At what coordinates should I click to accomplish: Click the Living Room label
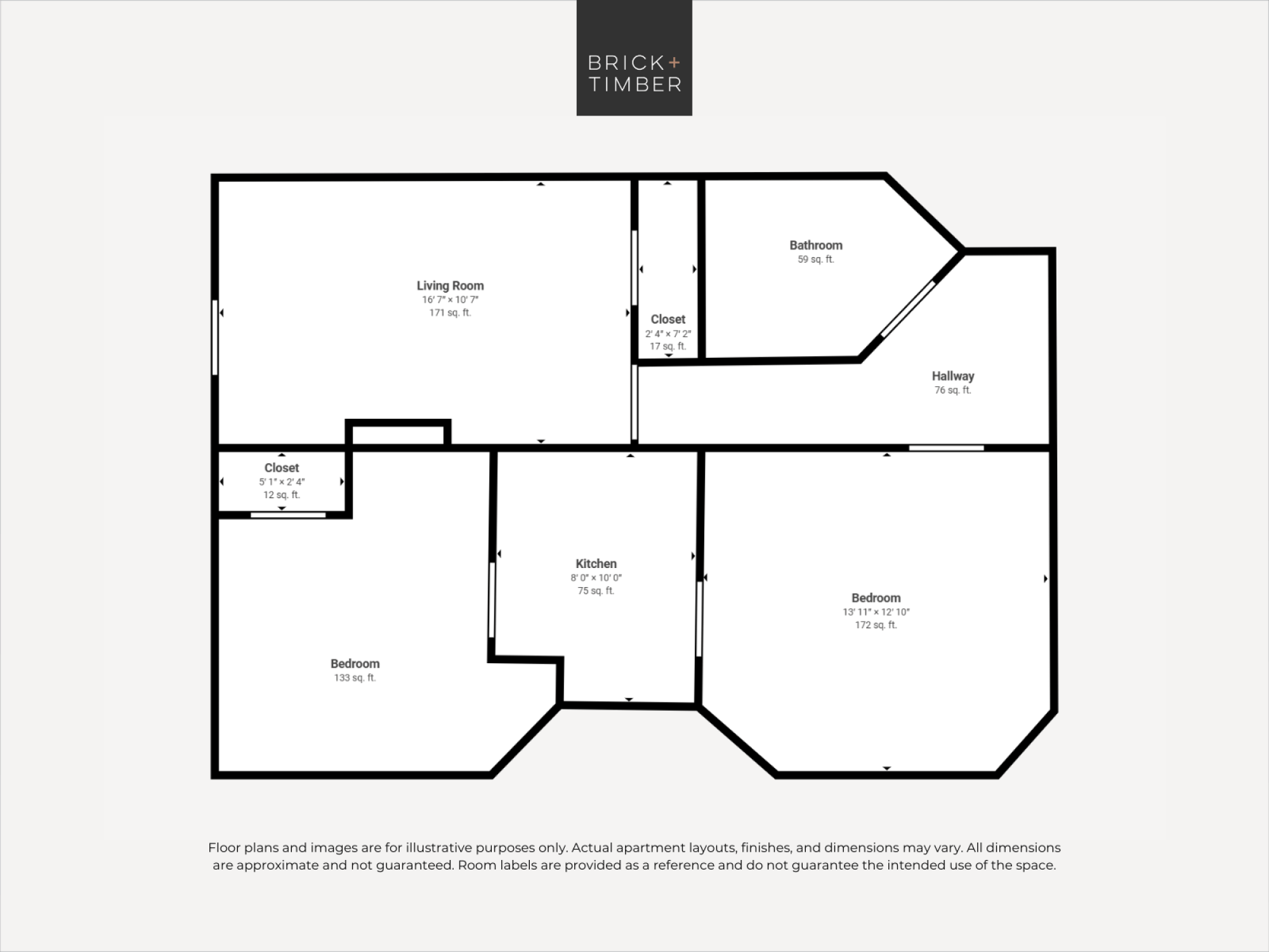coord(450,286)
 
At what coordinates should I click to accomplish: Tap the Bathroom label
coord(816,245)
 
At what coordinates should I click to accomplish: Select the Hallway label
coord(953,376)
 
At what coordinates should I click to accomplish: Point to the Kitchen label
coord(596,564)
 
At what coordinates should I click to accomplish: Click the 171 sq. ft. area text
coord(450,313)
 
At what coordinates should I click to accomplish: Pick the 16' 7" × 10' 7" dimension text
coord(450,300)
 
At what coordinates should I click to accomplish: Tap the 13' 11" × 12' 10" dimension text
coord(876,612)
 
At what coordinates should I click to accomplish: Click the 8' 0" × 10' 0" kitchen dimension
coord(596,578)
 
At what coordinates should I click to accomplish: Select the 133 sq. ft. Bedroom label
coord(355,664)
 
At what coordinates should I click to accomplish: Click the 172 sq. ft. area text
coord(876,625)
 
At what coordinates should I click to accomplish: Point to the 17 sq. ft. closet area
coord(668,347)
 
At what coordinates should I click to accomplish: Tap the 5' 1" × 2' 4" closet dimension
coord(282,482)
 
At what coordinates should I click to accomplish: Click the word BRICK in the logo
coord(626,63)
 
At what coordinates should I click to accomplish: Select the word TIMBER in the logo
coord(635,84)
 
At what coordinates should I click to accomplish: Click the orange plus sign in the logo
coord(674,62)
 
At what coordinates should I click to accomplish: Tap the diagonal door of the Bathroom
coord(908,308)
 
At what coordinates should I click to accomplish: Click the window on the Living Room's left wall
coord(215,337)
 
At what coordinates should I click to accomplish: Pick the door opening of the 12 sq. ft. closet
coord(288,515)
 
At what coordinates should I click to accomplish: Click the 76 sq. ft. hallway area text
coord(953,390)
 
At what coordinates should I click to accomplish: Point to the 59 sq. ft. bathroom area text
coord(816,260)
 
